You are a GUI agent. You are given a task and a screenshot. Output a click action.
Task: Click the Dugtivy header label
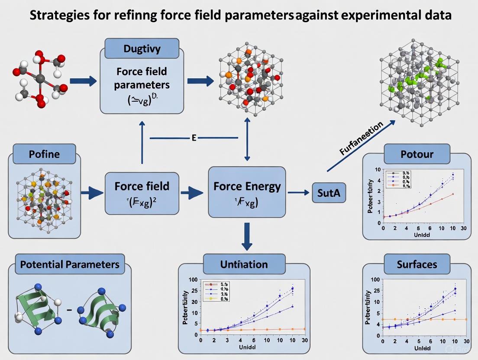click(x=142, y=48)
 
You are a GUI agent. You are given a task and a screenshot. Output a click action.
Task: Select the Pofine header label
click(x=44, y=154)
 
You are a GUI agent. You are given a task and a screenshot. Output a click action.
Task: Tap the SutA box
click(x=327, y=193)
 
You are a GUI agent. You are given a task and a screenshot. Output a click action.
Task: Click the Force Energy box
click(x=247, y=191)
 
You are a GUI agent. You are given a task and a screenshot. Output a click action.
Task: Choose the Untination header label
click(x=244, y=264)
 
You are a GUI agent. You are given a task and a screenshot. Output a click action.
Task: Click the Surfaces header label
click(x=417, y=264)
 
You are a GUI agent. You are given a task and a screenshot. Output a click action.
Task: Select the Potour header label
click(x=417, y=154)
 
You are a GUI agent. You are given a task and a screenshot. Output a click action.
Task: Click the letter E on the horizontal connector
click(x=194, y=138)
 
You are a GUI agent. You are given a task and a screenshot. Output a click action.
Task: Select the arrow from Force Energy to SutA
click(x=298, y=193)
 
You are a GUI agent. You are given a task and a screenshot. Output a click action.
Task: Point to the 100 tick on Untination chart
click(x=193, y=280)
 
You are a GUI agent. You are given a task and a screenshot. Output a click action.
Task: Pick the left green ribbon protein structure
click(x=38, y=309)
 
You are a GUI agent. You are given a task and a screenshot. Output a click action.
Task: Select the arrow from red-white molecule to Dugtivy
click(x=83, y=80)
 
